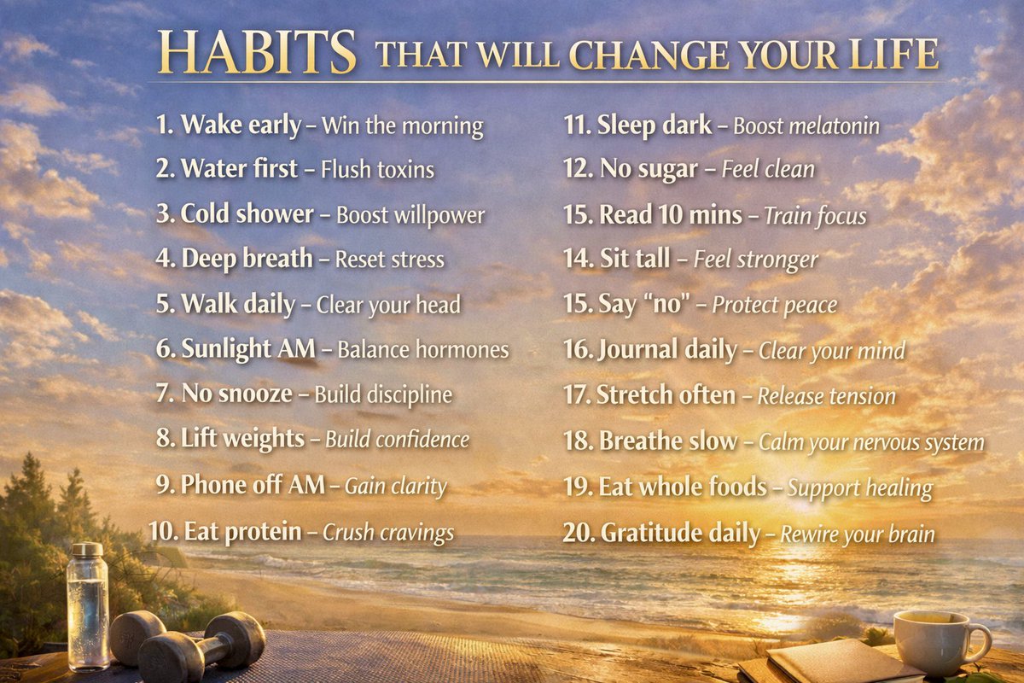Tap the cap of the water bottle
point(86,551)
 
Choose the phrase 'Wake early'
point(241,126)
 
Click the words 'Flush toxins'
point(377,170)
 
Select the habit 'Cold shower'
point(247,214)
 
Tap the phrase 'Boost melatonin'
point(806,126)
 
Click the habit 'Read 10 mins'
point(670,215)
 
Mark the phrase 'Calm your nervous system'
point(871,442)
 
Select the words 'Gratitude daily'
point(680,534)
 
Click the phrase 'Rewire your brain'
point(858,534)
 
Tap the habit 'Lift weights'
point(242,439)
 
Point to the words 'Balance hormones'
point(422,349)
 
